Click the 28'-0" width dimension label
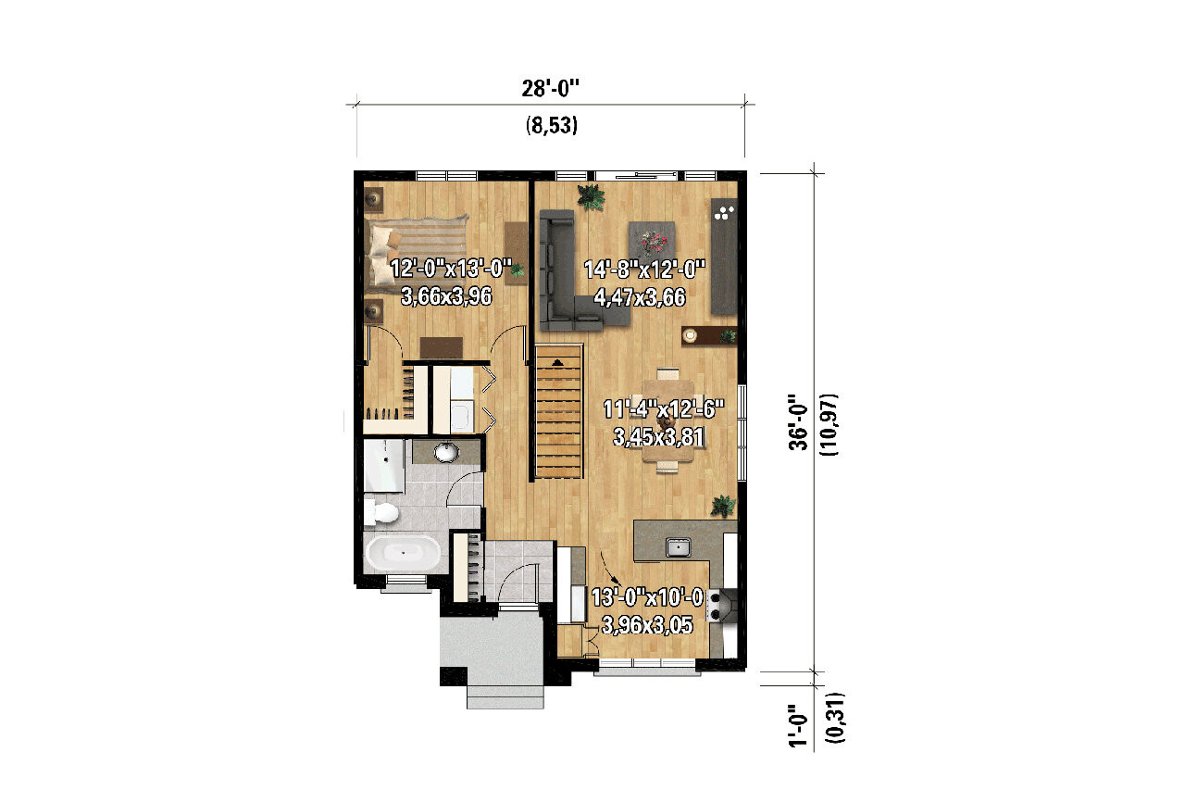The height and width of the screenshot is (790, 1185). [550, 89]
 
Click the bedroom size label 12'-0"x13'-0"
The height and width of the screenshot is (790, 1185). [451, 270]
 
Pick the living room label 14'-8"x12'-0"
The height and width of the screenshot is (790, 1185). [644, 270]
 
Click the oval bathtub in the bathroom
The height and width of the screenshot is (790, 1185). [403, 554]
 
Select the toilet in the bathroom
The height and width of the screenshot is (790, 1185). [380, 511]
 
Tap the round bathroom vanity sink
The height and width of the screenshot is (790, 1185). [446, 452]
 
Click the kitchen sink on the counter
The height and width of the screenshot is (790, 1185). [678, 546]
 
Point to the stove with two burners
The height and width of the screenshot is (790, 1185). [718, 607]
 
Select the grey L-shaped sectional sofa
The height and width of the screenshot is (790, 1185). [565, 278]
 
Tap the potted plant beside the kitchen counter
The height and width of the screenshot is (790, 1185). [722, 506]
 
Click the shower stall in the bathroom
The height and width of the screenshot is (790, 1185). [384, 467]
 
